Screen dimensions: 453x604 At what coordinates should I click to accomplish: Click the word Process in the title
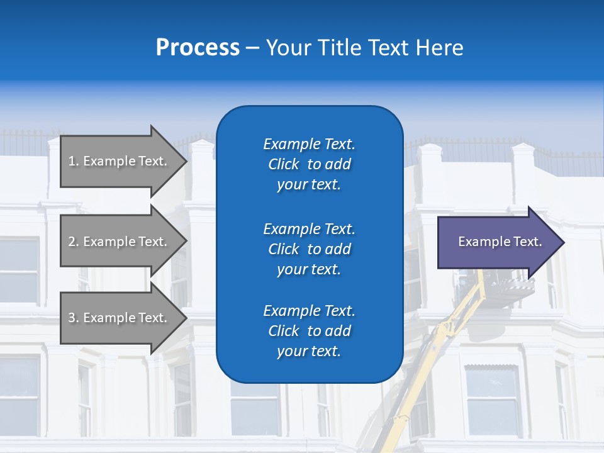198,48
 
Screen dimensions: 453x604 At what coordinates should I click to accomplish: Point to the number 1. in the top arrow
74,161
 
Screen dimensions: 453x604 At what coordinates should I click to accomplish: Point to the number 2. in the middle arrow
74,242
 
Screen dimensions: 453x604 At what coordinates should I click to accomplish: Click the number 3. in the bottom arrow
74,318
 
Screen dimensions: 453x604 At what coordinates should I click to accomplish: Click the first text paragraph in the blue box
309,164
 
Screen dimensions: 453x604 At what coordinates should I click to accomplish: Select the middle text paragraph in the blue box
309,249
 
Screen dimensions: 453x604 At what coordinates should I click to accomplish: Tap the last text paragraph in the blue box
309,331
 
